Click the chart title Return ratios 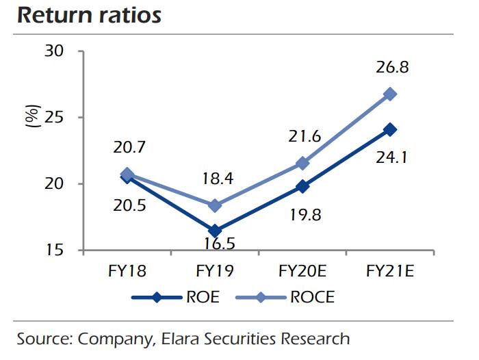point(89,15)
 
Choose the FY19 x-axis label point(214,270)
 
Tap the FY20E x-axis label point(302,270)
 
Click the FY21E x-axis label point(390,270)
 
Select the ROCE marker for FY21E point(390,94)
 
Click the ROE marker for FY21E point(390,129)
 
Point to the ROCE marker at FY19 point(214,205)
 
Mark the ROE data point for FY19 point(214,231)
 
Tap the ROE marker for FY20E point(302,186)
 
